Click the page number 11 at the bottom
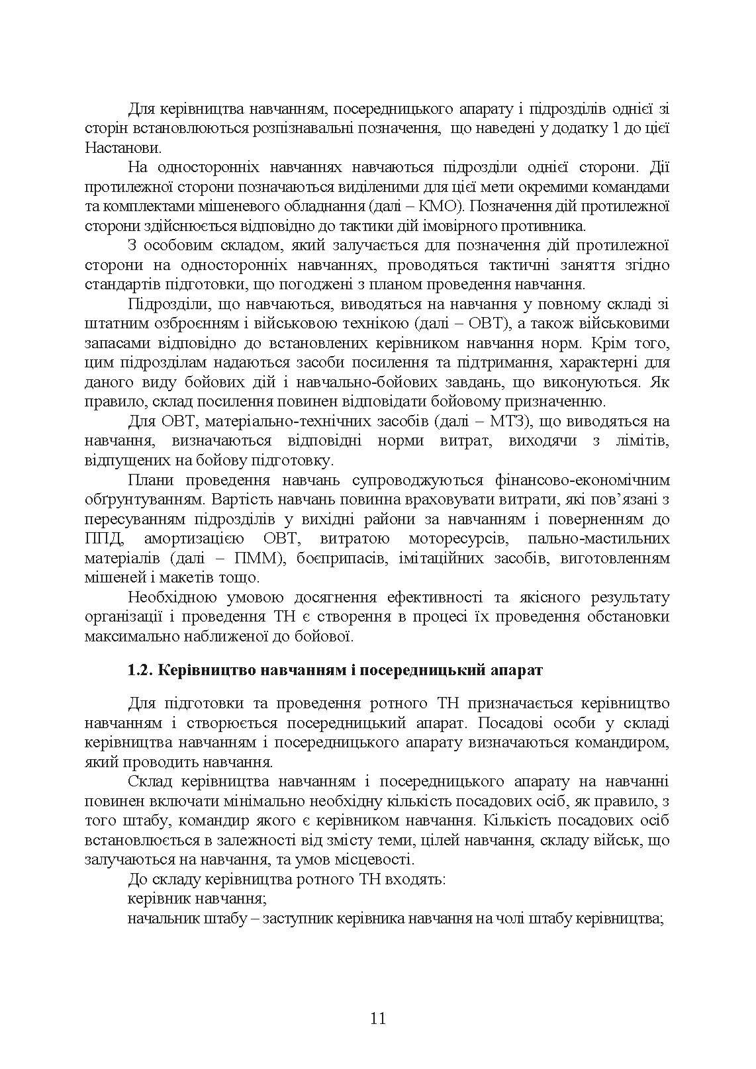click(378, 1018)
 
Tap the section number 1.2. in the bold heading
click(140, 670)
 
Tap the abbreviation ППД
click(103, 538)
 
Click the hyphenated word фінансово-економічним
click(582, 480)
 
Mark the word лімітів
click(641, 441)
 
